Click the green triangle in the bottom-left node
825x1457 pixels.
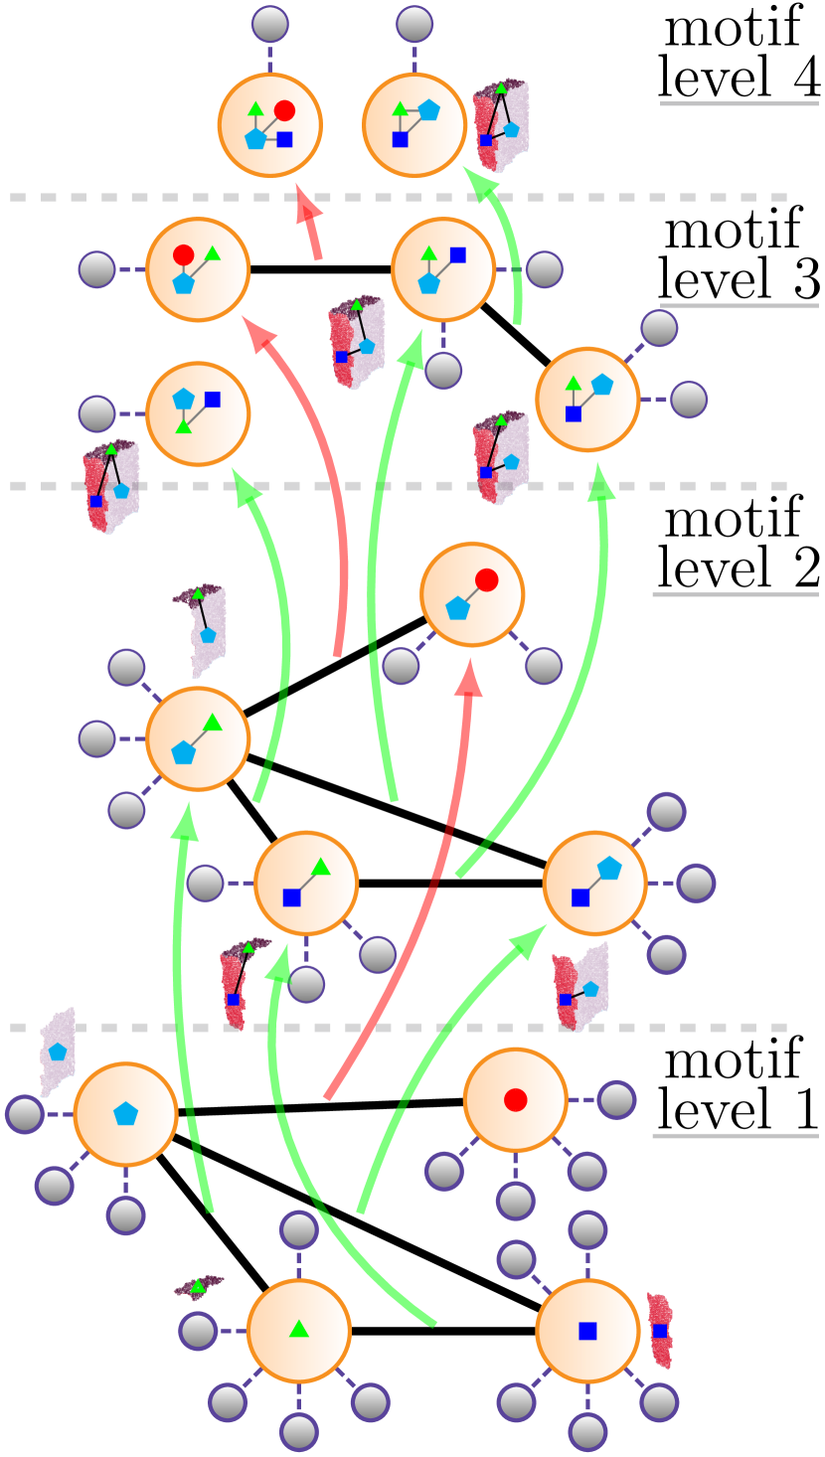click(x=299, y=1329)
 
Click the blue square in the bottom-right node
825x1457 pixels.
click(x=587, y=1330)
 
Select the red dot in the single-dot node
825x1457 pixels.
click(x=515, y=1099)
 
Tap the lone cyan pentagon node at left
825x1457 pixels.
click(x=125, y=1113)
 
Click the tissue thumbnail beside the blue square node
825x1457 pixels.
click(x=660, y=1330)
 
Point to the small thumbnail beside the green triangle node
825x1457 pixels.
click(x=198, y=1287)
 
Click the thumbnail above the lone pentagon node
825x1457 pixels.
click(x=58, y=1052)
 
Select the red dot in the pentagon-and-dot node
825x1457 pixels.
click(x=486, y=579)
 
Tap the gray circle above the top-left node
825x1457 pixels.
click(x=269, y=24)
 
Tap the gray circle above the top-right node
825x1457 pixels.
click(x=414, y=24)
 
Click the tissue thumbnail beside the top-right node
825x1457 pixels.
click(x=501, y=125)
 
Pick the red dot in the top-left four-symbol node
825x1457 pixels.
click(x=284, y=110)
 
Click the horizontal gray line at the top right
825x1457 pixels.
click(x=739, y=103)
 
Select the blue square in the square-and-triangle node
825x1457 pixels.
click(x=291, y=897)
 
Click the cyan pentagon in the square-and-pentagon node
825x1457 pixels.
click(x=609, y=869)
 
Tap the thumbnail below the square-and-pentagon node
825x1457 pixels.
click(x=580, y=984)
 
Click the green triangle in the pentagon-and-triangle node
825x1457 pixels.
click(x=212, y=723)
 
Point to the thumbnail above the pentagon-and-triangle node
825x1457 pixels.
click(x=198, y=630)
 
